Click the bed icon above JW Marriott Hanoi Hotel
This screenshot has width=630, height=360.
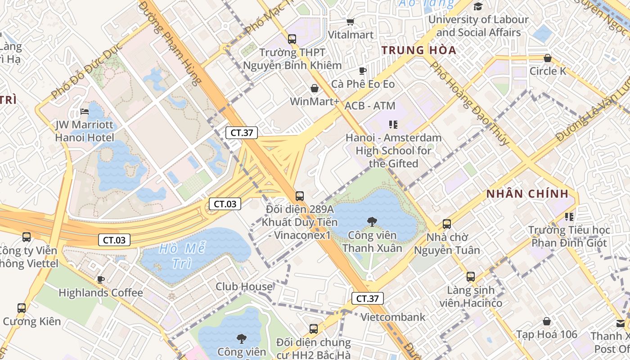85,111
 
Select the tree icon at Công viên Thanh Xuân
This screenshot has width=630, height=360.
372,221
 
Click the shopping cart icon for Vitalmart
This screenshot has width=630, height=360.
350,22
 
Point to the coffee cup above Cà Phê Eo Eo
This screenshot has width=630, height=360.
363,71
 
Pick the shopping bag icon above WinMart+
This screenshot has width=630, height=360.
315,88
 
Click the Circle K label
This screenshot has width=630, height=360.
548,71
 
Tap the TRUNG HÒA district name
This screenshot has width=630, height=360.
419,50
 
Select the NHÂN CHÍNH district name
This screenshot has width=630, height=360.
527,194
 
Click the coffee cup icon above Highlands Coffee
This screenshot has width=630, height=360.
101,279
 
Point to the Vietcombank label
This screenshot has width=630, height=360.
393,317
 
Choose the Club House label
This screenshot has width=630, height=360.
244,287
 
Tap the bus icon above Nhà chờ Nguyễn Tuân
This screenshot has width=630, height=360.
447,224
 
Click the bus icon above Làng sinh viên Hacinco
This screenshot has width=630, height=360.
471,277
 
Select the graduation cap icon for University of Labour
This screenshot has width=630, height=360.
478,6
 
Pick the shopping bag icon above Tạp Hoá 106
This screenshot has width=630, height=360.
547,321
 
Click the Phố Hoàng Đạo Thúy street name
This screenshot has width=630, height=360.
470,103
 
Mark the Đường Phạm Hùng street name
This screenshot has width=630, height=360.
170,43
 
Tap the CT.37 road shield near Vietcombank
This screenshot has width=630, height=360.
367,298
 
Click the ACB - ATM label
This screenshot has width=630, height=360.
370,106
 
